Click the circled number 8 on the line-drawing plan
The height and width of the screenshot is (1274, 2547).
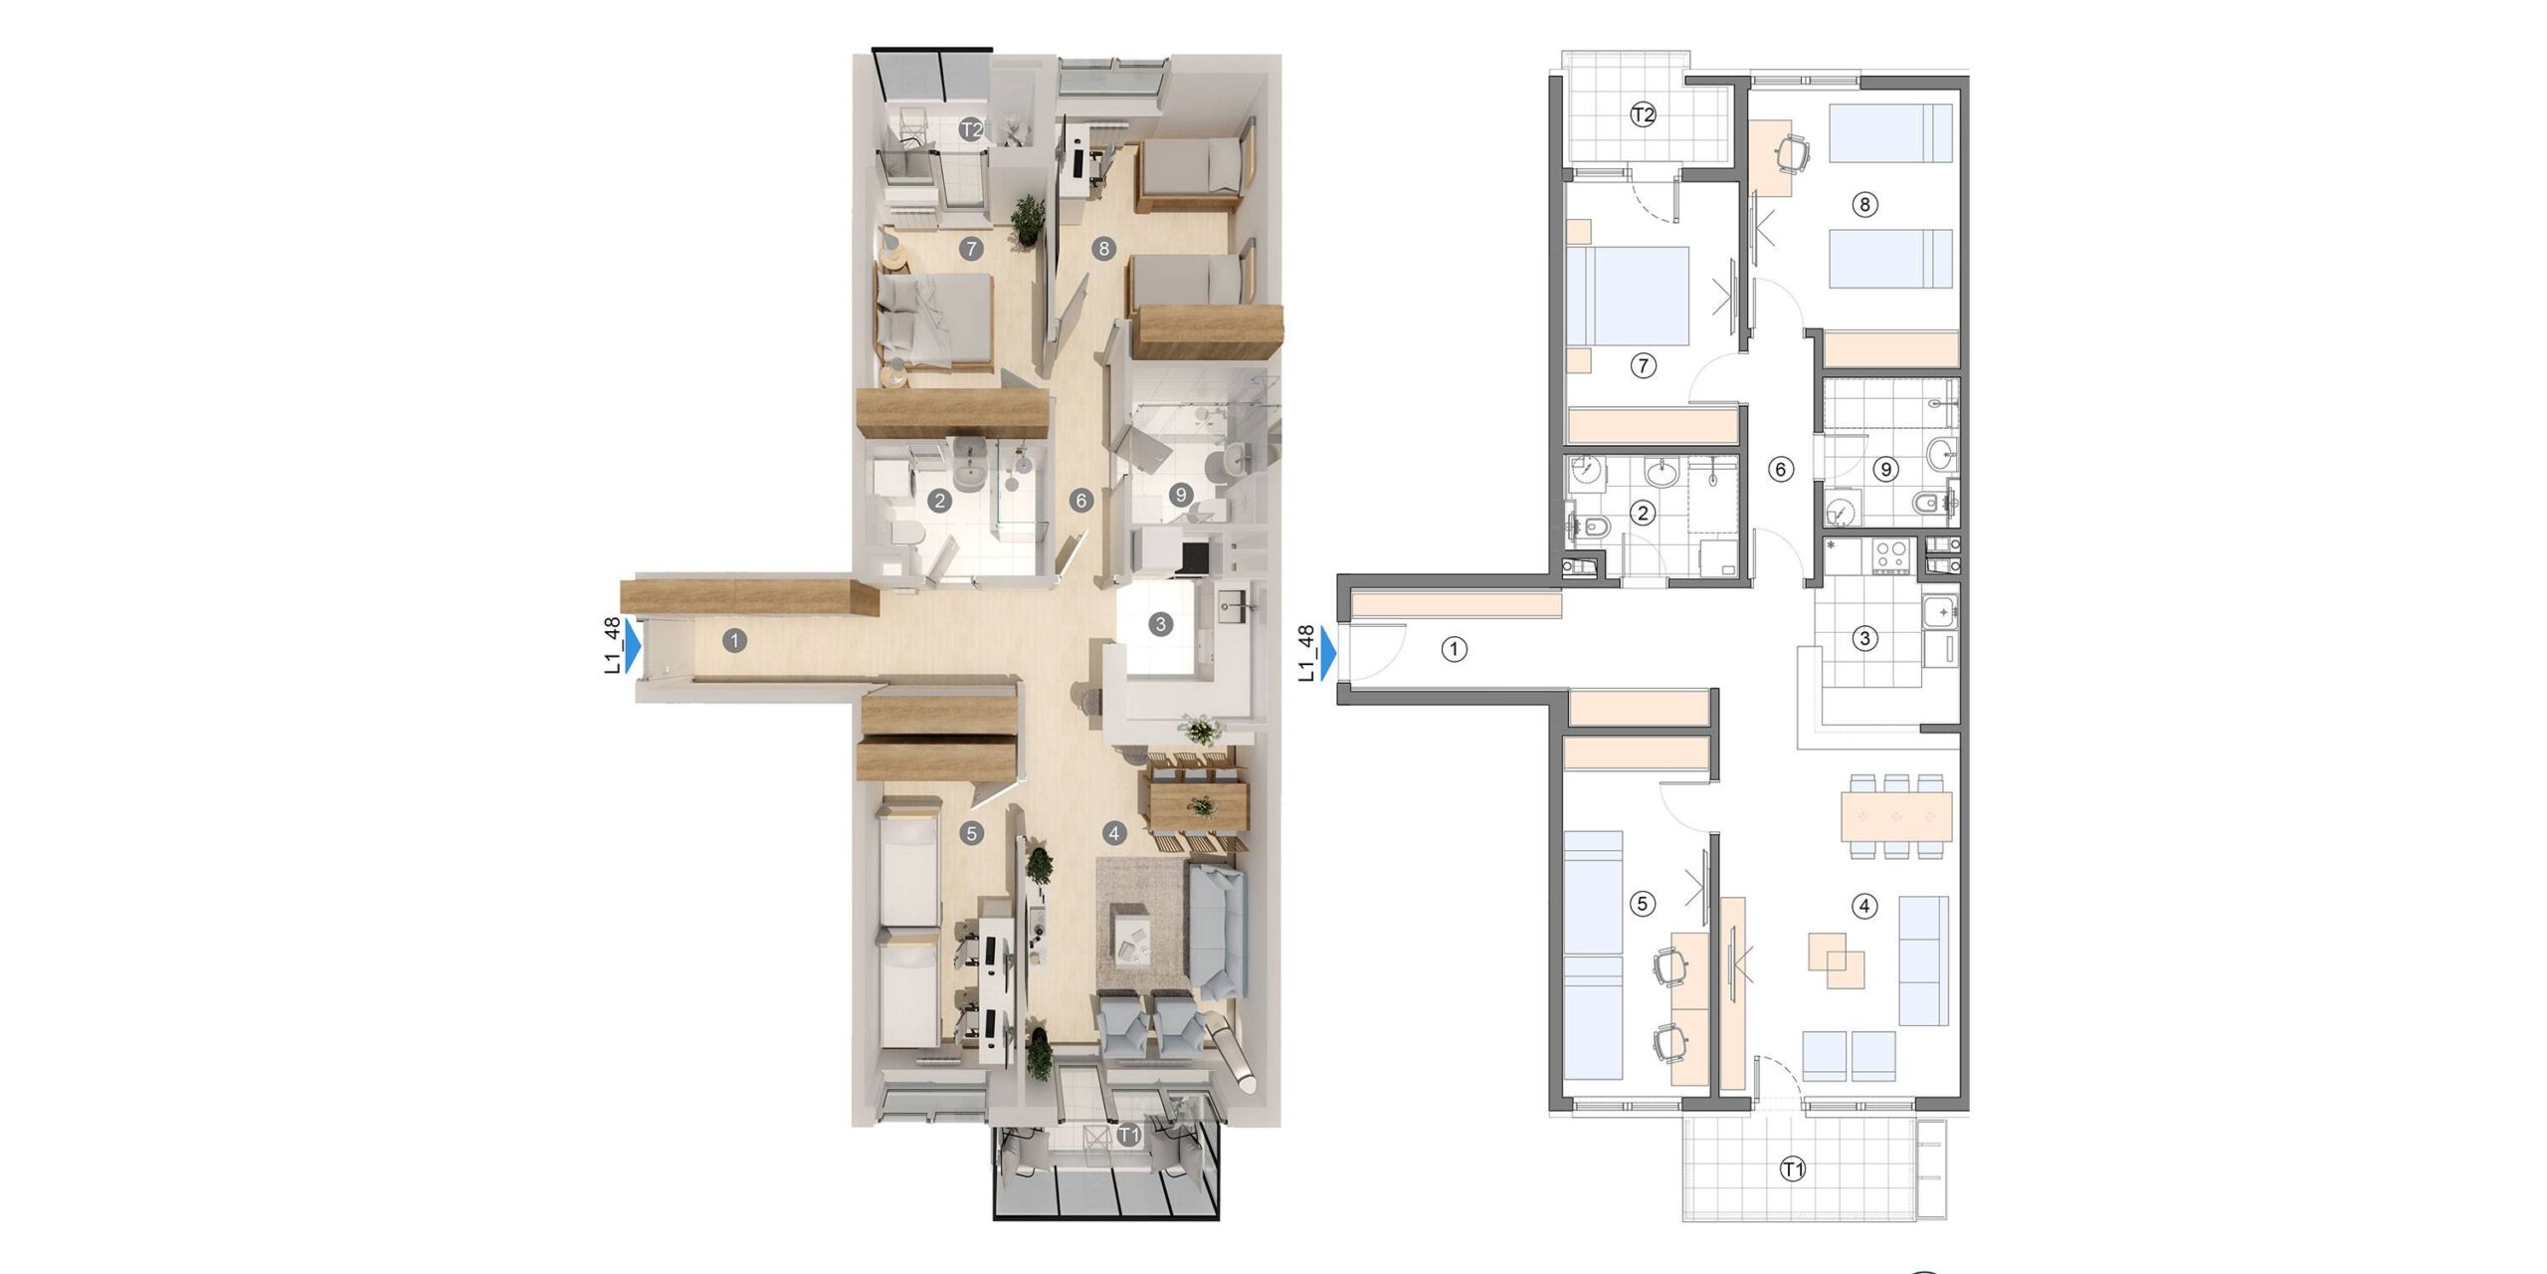1863,205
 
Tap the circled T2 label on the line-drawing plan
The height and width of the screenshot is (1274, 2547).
1643,115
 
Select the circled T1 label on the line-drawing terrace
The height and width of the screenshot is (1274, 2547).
1792,1169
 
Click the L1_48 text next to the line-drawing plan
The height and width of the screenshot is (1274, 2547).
1306,653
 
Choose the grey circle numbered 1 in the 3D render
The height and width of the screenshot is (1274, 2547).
734,641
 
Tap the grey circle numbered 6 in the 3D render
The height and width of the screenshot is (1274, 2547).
1081,501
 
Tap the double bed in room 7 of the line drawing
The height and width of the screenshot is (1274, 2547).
1628,296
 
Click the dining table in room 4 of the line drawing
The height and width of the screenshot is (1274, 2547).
1896,816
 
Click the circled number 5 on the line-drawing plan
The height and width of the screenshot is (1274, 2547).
1643,904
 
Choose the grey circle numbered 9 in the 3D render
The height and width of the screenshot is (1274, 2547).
1181,494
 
